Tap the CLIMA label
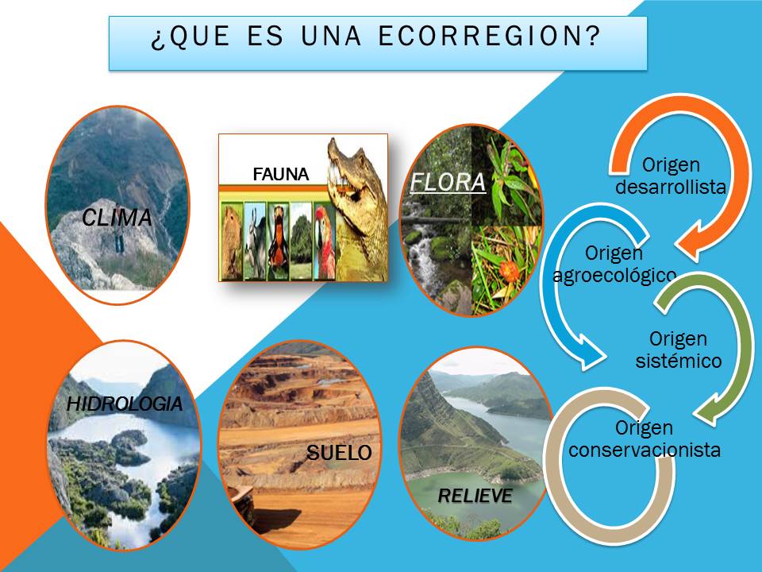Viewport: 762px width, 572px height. [x=117, y=218]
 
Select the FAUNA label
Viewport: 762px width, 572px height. [x=280, y=175]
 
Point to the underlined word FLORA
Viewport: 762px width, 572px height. [x=448, y=183]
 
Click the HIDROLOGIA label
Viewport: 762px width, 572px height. [x=125, y=404]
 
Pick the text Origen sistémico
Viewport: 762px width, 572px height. [x=678, y=350]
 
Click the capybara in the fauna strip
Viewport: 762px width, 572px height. [x=231, y=242]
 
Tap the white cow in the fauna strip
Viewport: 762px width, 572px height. [x=255, y=242]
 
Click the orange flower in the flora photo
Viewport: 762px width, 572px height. [x=510, y=271]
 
